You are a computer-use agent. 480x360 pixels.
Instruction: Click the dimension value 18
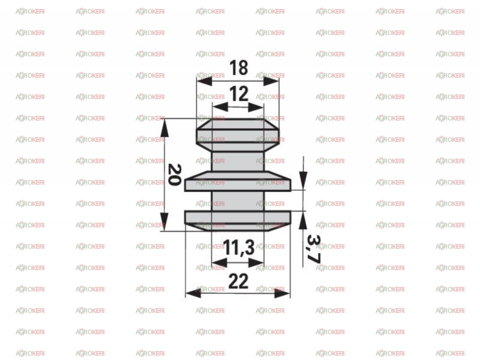point(238,68)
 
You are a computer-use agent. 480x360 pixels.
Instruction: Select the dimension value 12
point(238,94)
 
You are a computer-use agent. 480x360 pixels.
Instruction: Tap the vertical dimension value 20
point(174,175)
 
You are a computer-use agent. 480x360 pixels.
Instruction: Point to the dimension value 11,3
point(238,247)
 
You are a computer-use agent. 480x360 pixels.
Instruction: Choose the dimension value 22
point(238,281)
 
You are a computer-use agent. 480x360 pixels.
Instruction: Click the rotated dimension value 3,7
point(314,249)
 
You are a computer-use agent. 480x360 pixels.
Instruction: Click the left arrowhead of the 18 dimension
point(204,81)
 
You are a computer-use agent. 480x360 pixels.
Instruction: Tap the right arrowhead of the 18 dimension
point(271,81)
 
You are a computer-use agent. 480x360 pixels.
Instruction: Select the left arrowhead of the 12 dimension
point(220,107)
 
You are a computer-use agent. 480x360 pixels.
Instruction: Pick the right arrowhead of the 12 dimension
point(256,107)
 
